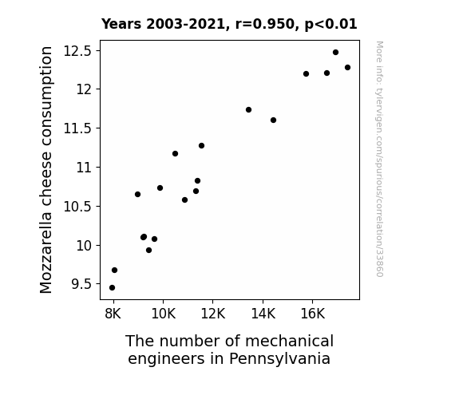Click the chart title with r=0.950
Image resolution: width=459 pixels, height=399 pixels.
click(x=229, y=24)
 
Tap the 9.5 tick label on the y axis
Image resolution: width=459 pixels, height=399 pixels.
click(x=81, y=284)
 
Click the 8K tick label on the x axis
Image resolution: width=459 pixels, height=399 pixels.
click(x=113, y=314)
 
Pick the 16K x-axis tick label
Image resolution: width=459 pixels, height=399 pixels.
click(x=313, y=314)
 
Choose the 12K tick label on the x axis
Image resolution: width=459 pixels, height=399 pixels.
click(x=213, y=314)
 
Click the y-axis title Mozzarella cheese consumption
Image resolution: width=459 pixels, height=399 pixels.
click(x=46, y=170)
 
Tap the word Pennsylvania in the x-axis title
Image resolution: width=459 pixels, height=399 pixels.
click(x=280, y=358)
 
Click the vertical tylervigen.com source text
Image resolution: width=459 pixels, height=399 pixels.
click(x=379, y=159)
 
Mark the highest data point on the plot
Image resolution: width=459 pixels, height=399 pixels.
click(x=336, y=53)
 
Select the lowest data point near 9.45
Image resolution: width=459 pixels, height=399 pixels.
click(x=112, y=288)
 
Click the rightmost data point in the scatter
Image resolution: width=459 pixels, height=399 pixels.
click(x=348, y=68)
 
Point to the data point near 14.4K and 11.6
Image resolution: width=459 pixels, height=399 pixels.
click(x=274, y=120)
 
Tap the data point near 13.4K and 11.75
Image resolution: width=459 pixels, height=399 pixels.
click(x=249, y=110)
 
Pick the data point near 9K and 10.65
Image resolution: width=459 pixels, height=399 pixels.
click(x=137, y=195)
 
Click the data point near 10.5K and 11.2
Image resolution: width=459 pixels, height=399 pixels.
click(x=175, y=154)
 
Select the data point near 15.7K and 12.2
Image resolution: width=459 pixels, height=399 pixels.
click(x=307, y=73)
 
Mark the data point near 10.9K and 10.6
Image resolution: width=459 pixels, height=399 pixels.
click(x=184, y=200)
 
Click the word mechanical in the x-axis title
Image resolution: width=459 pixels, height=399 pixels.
click(x=289, y=341)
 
